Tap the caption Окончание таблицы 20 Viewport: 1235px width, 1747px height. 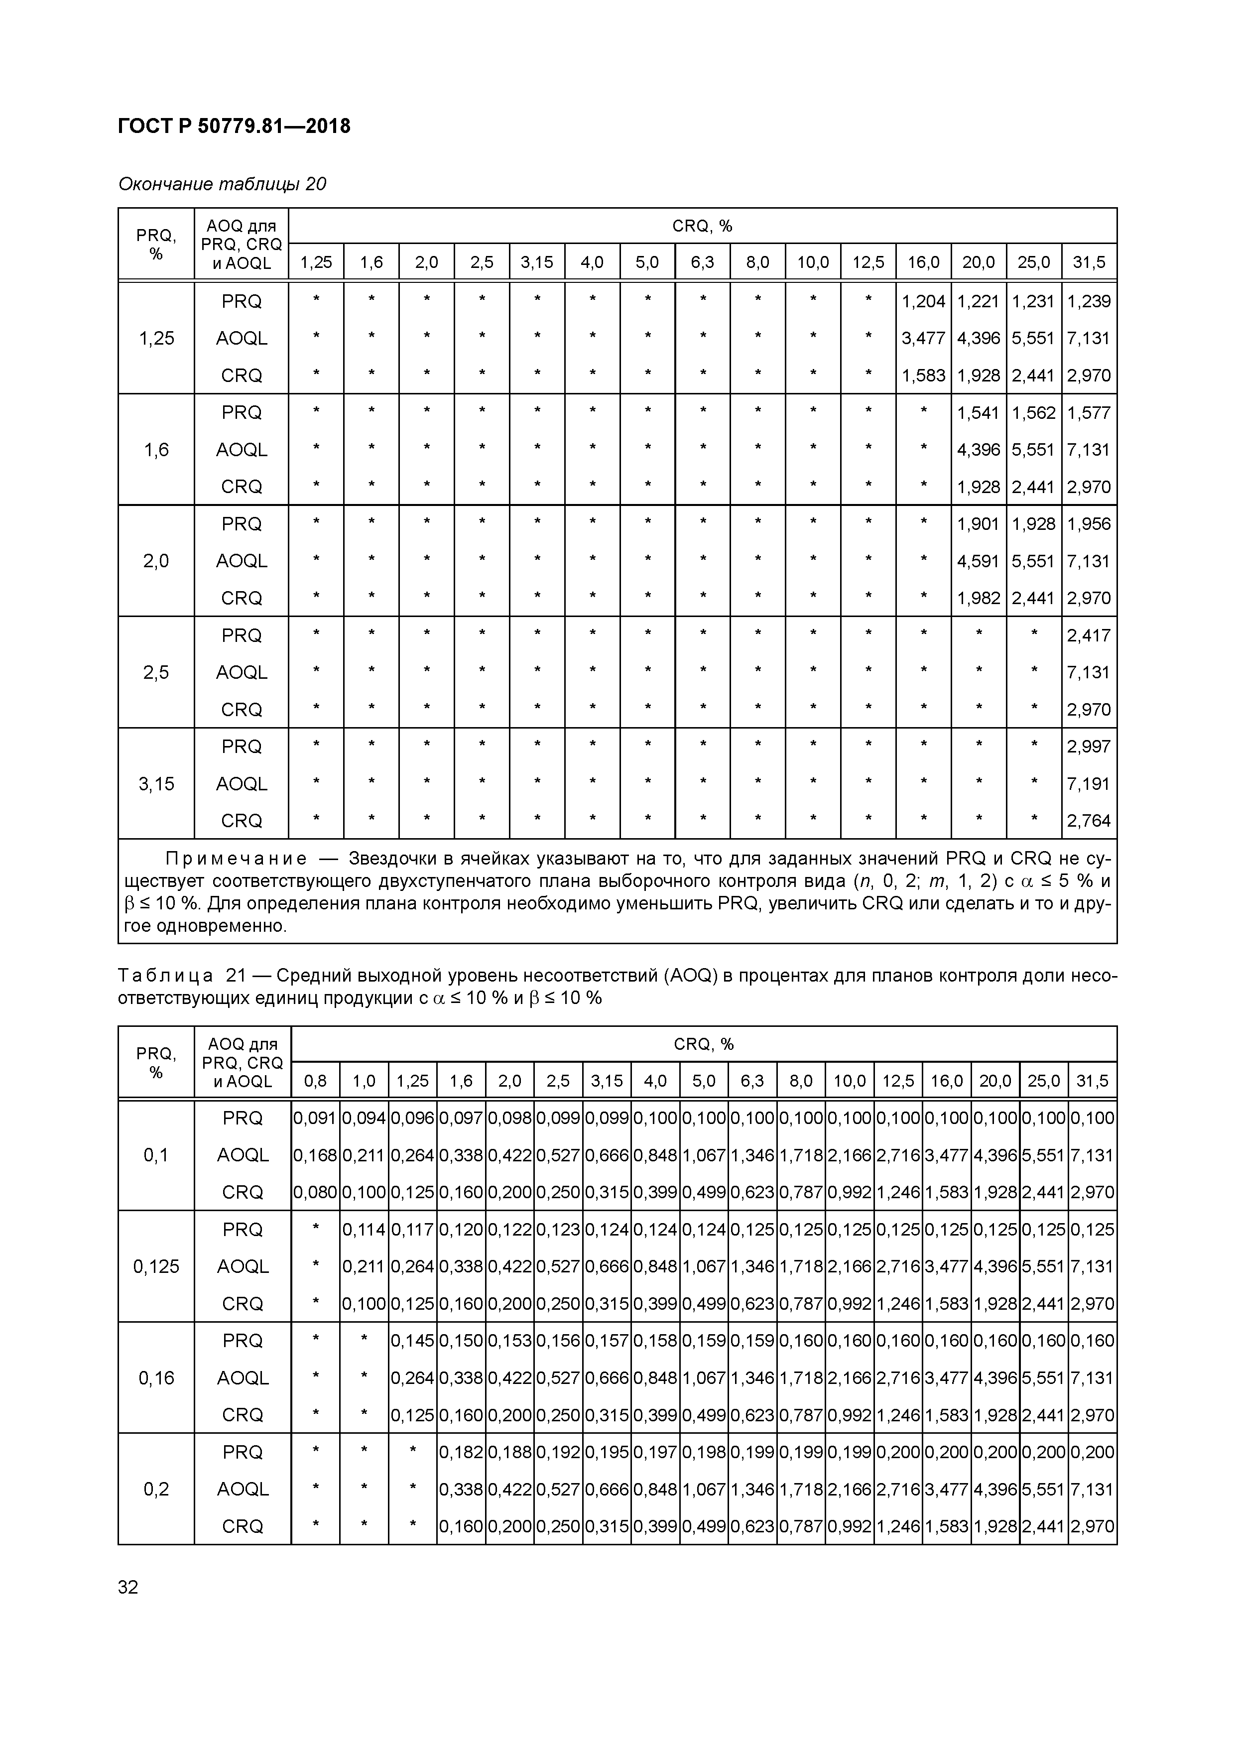pyautogui.click(x=222, y=184)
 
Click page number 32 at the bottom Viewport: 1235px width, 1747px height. pyautogui.click(x=128, y=1587)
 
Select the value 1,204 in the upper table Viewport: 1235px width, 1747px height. pyautogui.click(x=923, y=301)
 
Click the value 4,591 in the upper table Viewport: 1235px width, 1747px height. pyautogui.click(x=978, y=561)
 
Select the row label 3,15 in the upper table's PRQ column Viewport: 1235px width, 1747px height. pyautogui.click(x=156, y=784)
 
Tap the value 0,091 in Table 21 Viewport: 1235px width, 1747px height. pyautogui.click(x=315, y=1118)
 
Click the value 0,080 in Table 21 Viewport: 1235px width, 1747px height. pyautogui.click(x=315, y=1192)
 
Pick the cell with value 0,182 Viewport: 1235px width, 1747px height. pyautogui.click(x=461, y=1452)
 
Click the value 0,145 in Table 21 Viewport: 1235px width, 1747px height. pyautogui.click(x=412, y=1341)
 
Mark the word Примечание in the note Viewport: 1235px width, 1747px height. pyautogui.click(x=237, y=859)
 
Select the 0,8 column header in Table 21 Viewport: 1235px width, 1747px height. pyautogui.click(x=315, y=1081)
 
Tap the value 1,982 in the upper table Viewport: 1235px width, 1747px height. pyautogui.click(x=978, y=598)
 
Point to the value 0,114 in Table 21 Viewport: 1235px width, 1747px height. pyautogui.click(x=364, y=1230)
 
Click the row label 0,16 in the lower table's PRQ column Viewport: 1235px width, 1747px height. pyautogui.click(x=156, y=1378)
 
